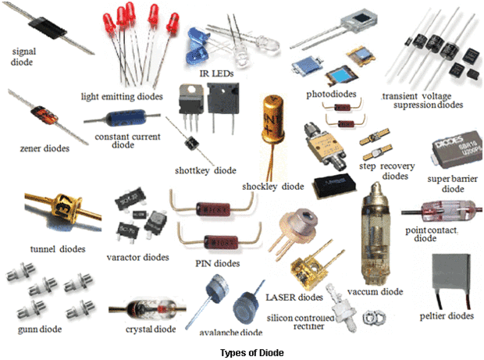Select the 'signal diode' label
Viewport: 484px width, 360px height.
pos(24,57)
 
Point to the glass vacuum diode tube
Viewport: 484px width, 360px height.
pos(380,233)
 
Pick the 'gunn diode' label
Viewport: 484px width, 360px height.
pos(31,329)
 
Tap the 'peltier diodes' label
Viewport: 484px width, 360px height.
pos(447,316)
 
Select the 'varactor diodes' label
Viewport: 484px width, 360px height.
pos(137,257)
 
